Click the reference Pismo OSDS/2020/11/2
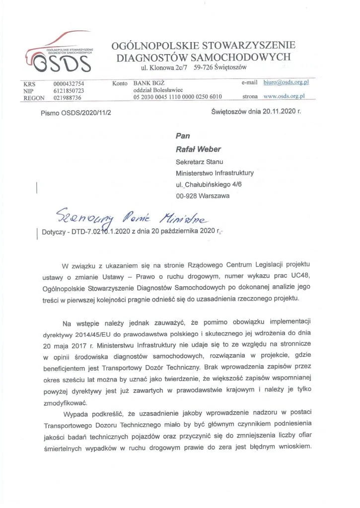click(76, 114)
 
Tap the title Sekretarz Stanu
click(200, 162)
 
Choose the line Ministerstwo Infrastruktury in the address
click(215, 173)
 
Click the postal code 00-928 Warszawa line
click(203, 196)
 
